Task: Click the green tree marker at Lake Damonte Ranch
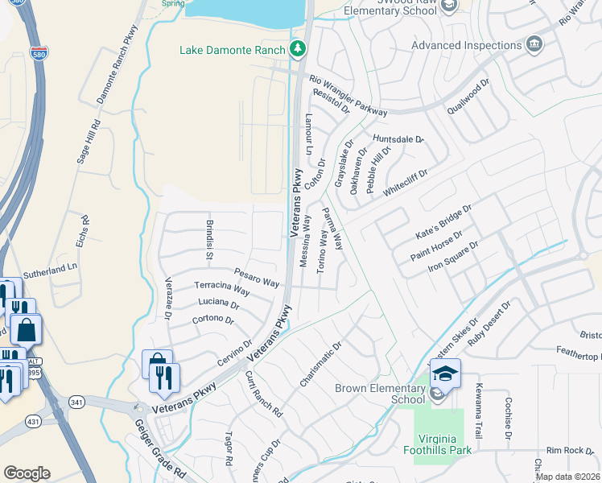tap(299, 50)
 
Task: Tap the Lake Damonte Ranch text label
tap(232, 51)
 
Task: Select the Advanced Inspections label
tap(467, 46)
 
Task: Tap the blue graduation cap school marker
tap(445, 374)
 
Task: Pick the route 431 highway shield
tap(33, 421)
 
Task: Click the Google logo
tap(27, 473)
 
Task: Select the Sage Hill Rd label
tap(88, 142)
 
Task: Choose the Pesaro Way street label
tap(256, 278)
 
